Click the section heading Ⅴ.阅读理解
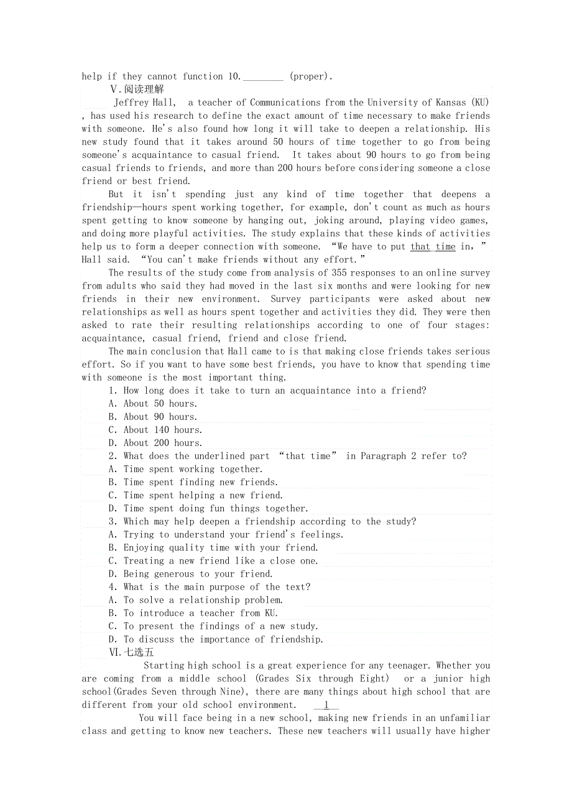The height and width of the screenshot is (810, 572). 137,89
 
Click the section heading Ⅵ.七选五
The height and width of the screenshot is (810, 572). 131,652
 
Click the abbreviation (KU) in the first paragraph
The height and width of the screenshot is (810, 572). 480,103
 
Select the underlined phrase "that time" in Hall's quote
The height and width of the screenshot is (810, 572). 433,246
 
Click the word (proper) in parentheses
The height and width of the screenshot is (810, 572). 310,77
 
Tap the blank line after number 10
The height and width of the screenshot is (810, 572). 263,77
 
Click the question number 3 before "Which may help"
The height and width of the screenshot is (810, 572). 112,521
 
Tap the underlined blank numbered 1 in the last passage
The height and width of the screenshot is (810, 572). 326,705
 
